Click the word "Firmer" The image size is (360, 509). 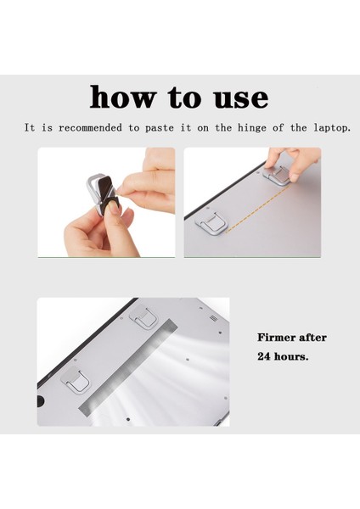pyautogui.click(x=279, y=338)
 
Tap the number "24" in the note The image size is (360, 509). pyautogui.click(x=265, y=356)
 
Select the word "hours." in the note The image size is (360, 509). pyautogui.click(x=293, y=356)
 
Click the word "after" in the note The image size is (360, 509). pyautogui.click(x=315, y=338)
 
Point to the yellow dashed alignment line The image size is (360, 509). pyautogui.click(x=242, y=206)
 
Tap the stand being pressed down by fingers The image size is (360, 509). pyautogui.click(x=278, y=176)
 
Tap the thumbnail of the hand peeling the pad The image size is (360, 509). pyautogui.click(x=106, y=202)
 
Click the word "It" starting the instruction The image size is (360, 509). pyautogui.click(x=30, y=127)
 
